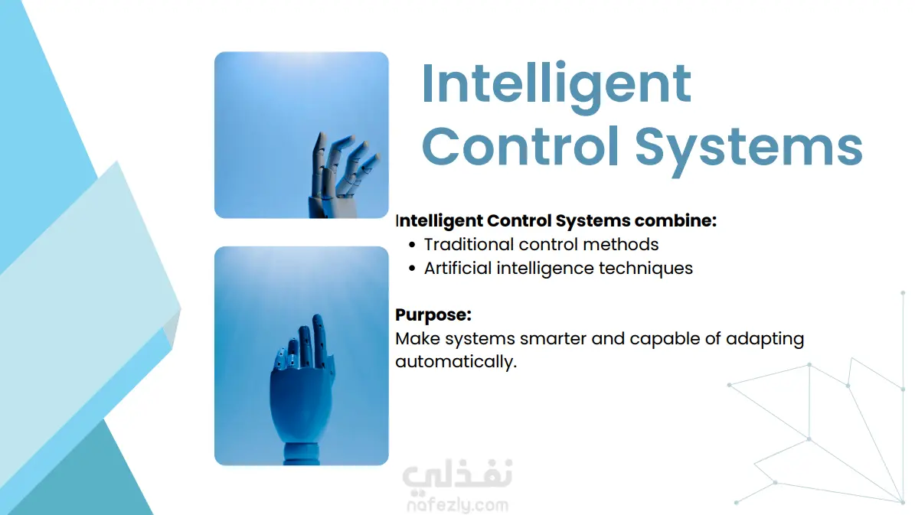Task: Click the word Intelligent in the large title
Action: pos(556,85)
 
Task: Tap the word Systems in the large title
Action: pos(749,148)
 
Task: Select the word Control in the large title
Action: pos(520,145)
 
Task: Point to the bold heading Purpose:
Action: pos(433,315)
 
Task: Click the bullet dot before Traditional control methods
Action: pos(412,245)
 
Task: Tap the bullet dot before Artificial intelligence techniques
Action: pos(412,269)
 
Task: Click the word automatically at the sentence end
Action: pos(456,362)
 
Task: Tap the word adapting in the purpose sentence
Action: pos(765,340)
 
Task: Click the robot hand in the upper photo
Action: pos(341,175)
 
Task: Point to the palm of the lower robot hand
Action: pos(301,403)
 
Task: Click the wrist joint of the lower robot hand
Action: pos(302,453)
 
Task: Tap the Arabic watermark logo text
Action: pos(458,474)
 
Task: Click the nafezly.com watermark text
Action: pos(458,504)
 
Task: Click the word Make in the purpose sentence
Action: pos(417,339)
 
